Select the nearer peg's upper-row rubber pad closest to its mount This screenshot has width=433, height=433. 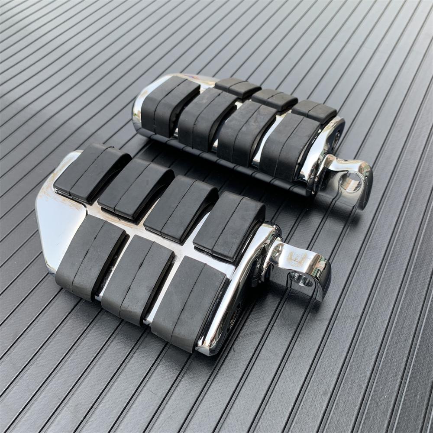point(229,225)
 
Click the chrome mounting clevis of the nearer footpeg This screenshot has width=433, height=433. point(299,264)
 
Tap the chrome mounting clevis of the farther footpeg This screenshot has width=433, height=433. point(346,171)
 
